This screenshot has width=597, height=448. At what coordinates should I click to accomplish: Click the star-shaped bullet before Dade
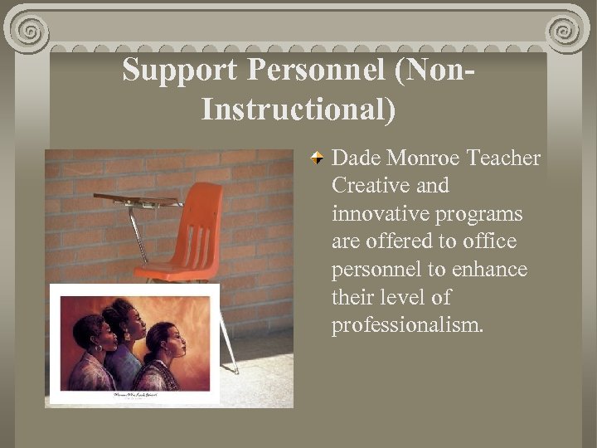coord(318,158)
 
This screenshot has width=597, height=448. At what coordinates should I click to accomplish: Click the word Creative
coord(370,186)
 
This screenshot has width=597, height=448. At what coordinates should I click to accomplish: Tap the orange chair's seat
coord(174,270)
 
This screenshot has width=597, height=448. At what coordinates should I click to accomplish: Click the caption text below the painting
coord(134,396)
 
